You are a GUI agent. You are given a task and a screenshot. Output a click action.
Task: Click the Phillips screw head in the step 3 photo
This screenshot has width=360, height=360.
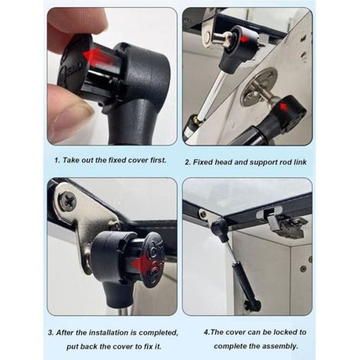click(67, 201)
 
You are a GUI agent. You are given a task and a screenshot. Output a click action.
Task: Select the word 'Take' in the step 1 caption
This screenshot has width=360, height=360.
click(70, 160)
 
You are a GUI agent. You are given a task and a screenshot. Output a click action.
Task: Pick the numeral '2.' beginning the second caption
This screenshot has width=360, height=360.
click(188, 162)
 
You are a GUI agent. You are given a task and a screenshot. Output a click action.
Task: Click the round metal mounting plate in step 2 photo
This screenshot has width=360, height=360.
click(258, 87)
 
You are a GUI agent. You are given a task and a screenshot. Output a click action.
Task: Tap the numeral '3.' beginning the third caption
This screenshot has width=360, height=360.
click(51, 332)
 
